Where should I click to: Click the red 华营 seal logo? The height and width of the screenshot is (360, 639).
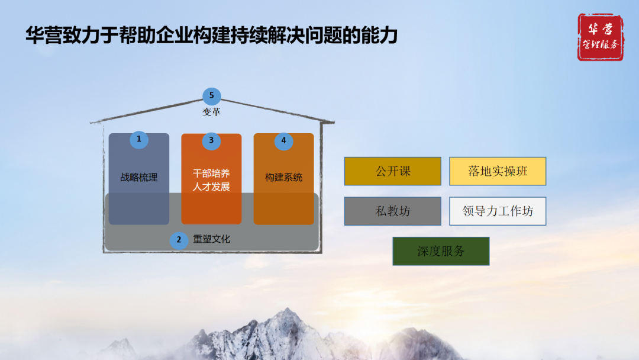coord(600,37)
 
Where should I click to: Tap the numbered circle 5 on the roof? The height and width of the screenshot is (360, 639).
coord(211,96)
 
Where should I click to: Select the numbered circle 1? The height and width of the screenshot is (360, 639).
coord(139,140)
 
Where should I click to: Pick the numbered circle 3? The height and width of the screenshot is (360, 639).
coord(211,141)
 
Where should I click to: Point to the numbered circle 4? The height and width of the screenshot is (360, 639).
coord(283,141)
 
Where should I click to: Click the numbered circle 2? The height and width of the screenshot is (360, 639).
coord(179,240)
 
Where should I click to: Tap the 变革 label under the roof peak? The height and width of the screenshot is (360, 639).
coord(211,112)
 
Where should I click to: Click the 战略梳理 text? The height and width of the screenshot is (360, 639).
coord(139,177)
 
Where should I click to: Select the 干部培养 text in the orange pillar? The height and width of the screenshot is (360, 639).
coord(211,173)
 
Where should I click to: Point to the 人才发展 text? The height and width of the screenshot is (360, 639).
coord(211,187)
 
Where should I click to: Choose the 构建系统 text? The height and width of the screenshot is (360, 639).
coord(283,177)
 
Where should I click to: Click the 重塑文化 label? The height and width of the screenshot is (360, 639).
coord(212,239)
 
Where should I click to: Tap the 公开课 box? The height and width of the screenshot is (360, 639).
coord(393,171)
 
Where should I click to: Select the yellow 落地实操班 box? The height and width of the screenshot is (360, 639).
coord(498,171)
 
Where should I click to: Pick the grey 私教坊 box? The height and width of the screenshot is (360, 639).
coord(393,211)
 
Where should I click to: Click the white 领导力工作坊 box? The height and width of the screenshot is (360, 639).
coord(498,211)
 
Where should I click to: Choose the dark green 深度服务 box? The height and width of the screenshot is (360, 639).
coord(441,251)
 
